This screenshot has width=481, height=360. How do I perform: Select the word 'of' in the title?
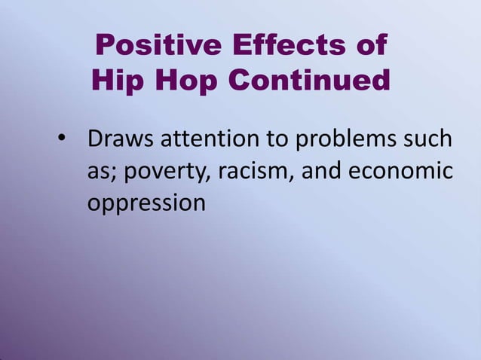pos(370,46)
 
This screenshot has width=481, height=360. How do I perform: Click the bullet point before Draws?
pos(62,141)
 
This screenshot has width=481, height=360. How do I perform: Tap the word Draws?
pos(118,139)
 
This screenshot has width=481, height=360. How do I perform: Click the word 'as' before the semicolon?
pos(97,172)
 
